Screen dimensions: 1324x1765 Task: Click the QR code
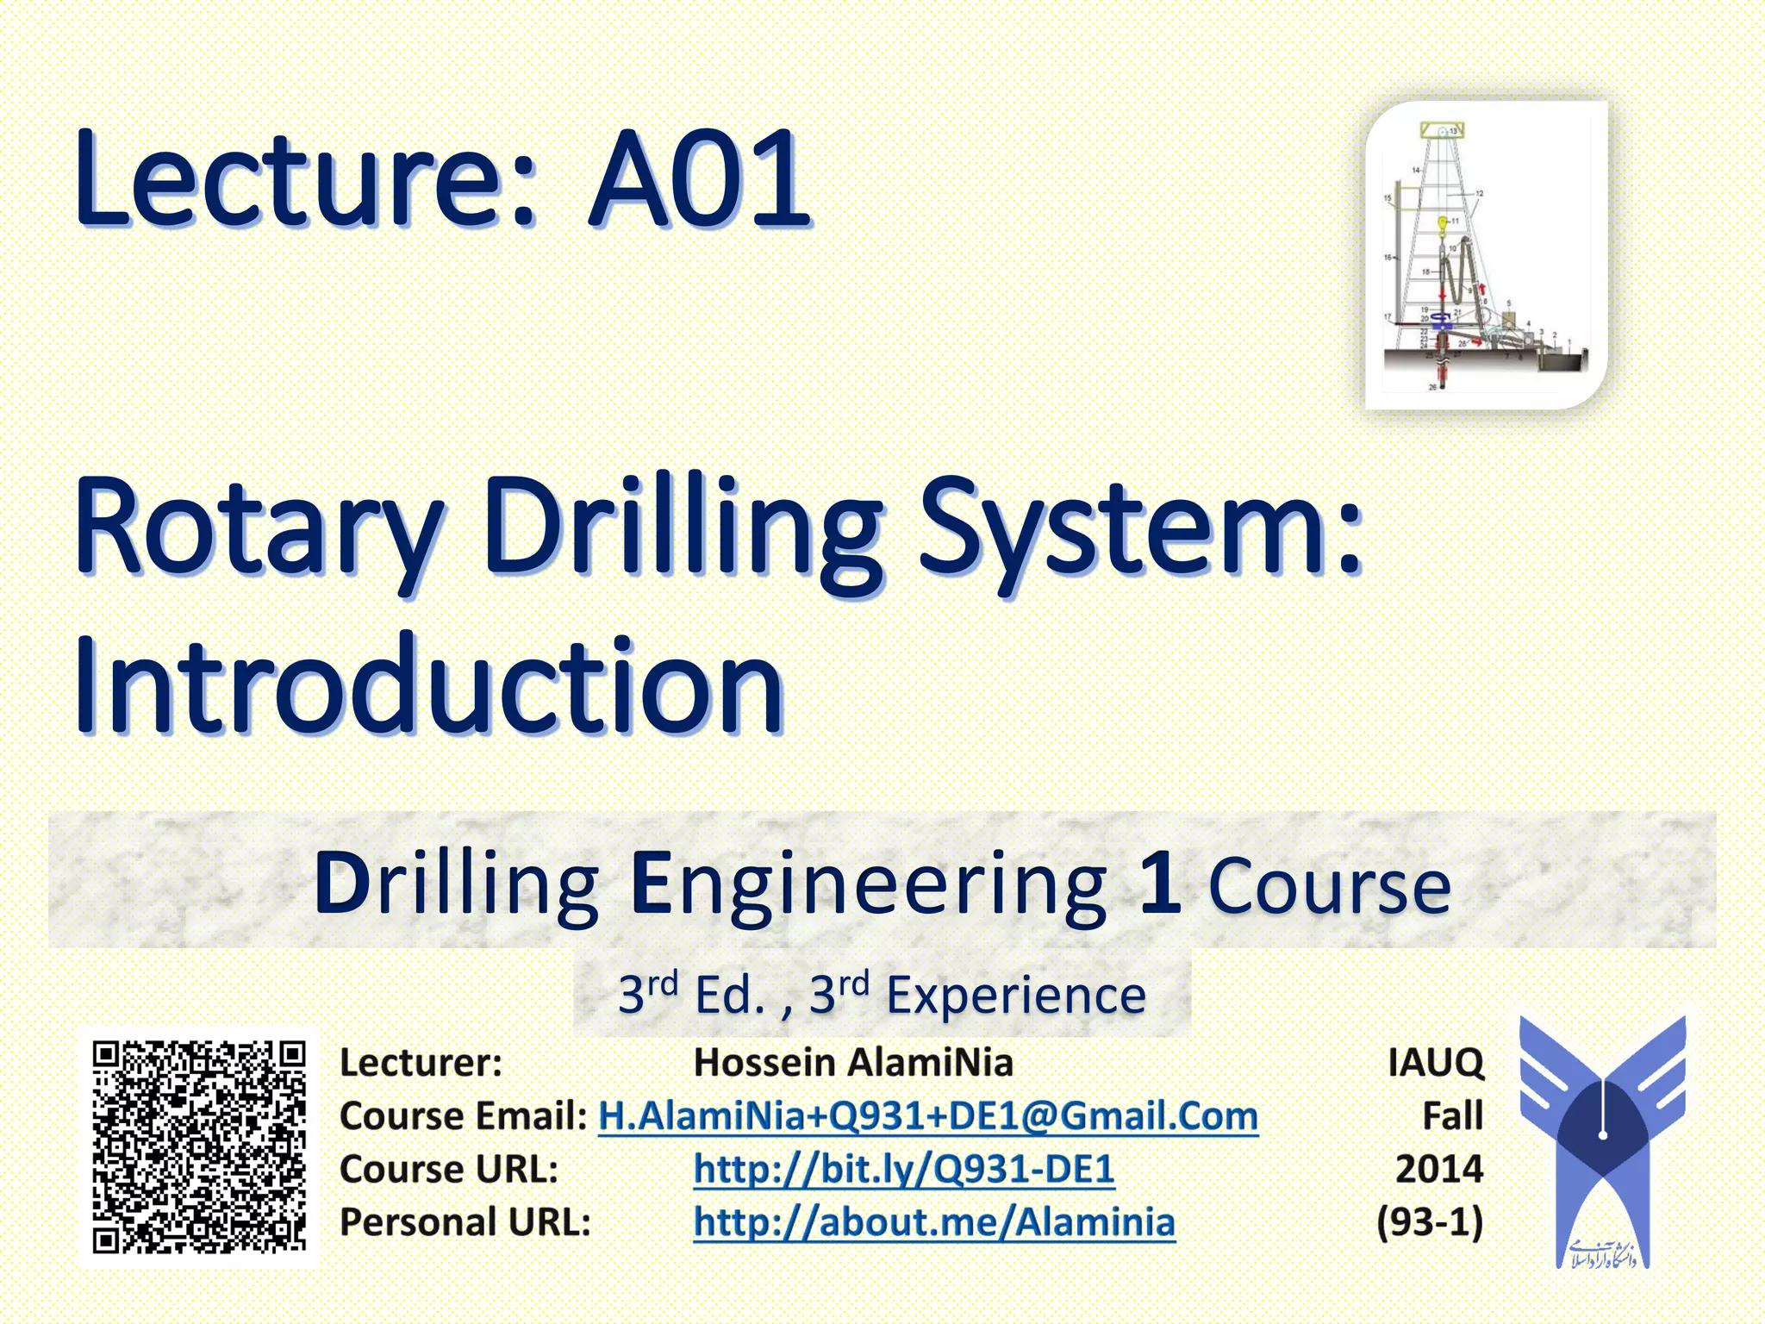199,1147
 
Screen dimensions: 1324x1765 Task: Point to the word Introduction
429,685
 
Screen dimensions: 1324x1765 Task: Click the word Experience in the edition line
1016,996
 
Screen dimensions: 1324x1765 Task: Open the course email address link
928,1115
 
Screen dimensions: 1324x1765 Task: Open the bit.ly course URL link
904,1169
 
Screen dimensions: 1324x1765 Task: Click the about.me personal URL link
934,1222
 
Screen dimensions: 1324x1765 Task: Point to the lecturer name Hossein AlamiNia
853,1062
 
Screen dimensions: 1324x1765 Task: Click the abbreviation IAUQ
1436,1063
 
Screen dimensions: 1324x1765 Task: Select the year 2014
1439,1169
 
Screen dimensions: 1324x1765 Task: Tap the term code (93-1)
1430,1222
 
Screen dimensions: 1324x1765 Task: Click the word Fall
1453,1115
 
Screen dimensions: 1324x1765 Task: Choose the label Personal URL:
465,1222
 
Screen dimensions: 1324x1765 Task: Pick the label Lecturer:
421,1062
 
